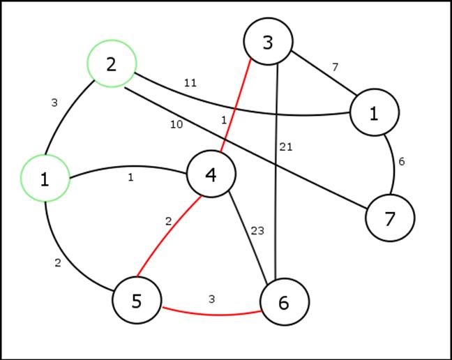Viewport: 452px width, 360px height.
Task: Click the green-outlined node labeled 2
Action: tap(112, 63)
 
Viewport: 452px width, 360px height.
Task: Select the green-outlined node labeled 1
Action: tap(45, 179)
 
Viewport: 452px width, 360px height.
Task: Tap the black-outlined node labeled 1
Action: tap(375, 112)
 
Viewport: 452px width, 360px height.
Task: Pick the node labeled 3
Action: tap(268, 42)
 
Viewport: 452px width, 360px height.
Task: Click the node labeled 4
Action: tap(211, 174)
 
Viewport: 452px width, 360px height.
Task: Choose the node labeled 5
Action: tap(137, 301)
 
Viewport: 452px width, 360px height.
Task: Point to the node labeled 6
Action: tap(284, 302)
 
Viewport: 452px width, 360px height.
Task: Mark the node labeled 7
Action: tap(390, 218)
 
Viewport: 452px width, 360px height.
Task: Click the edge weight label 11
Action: tap(190, 82)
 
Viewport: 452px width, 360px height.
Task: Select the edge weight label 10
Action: tap(176, 124)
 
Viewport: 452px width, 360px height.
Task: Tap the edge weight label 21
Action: tap(286, 147)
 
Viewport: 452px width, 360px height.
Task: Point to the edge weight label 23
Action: tap(257, 231)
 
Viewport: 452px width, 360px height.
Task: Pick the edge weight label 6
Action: tap(401, 161)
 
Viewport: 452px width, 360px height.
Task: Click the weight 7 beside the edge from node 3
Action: tap(335, 67)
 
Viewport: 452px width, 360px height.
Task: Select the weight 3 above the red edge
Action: tap(212, 299)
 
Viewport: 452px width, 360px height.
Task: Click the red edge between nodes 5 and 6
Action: tap(209, 313)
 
